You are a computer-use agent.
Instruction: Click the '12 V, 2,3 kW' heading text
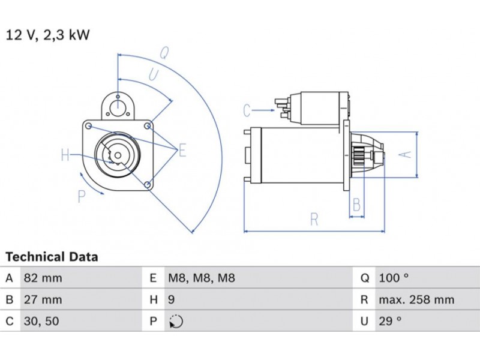[47, 35]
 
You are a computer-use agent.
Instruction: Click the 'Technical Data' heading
[52, 257]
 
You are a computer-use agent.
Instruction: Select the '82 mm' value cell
[42, 278]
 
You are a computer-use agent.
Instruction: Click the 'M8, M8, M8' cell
[200, 278]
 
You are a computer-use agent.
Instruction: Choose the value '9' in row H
[172, 299]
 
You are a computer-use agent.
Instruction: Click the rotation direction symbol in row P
[176, 322]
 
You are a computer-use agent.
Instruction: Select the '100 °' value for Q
[394, 278]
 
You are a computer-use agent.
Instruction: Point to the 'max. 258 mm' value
[416, 299]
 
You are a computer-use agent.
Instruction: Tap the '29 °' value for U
[390, 321]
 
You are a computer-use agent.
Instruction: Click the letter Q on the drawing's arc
[163, 52]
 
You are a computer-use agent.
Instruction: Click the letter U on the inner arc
[154, 74]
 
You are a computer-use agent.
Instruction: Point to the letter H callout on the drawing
[65, 156]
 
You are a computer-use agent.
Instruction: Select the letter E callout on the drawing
[182, 151]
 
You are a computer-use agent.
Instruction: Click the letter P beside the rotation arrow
[82, 196]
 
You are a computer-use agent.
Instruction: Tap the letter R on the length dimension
[314, 219]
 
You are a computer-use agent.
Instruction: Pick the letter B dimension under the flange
[356, 205]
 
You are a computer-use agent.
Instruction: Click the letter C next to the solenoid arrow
[247, 110]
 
